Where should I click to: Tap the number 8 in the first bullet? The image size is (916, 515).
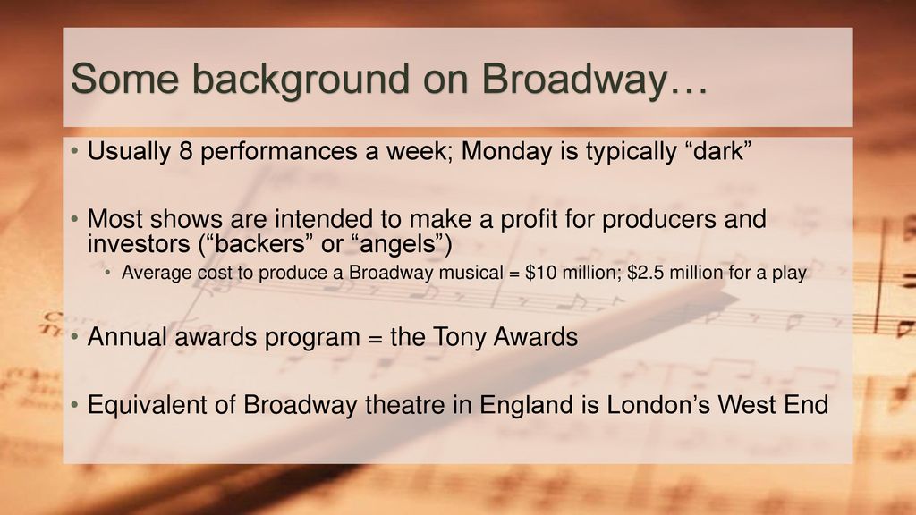click(x=186, y=151)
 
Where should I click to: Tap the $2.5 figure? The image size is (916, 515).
click(x=645, y=273)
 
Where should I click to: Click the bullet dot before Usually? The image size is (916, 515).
click(x=74, y=152)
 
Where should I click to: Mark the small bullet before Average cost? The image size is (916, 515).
click(x=107, y=273)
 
